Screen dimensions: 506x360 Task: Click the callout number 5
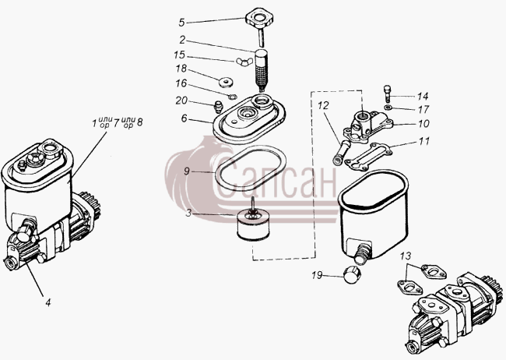point(181,23)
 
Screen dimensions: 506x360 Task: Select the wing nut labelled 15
point(244,62)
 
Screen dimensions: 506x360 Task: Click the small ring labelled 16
point(232,97)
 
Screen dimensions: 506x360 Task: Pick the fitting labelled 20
point(219,106)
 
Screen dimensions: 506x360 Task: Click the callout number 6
point(184,118)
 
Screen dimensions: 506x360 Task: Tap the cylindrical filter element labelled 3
point(253,224)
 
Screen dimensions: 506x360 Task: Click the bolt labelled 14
point(387,94)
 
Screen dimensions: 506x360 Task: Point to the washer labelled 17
point(387,108)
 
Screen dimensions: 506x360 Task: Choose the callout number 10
point(423,123)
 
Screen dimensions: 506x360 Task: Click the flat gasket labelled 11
point(368,157)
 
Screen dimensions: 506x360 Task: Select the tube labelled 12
point(340,152)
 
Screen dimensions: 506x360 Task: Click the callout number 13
point(406,256)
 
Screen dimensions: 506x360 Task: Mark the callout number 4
point(48,303)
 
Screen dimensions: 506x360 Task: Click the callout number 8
point(139,122)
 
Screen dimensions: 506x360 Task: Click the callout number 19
point(317,275)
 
